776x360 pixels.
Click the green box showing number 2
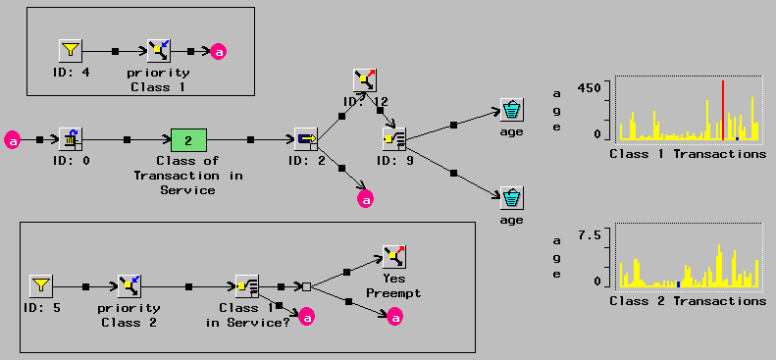[x=188, y=140]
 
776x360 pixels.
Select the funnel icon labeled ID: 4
[x=69, y=50]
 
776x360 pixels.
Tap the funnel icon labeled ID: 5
[x=41, y=285]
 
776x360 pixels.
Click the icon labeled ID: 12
[x=365, y=80]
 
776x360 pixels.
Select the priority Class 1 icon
[x=158, y=50]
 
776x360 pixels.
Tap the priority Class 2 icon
[x=129, y=285]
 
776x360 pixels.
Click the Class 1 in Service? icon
[x=247, y=285]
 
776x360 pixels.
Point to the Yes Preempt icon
[x=393, y=257]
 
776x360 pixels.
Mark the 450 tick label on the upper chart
[x=591, y=87]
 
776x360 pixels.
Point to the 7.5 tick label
[x=592, y=234]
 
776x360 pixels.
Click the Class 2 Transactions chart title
[x=687, y=300]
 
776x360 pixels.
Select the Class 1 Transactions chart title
[x=687, y=154]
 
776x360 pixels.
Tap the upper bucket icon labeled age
[x=511, y=109]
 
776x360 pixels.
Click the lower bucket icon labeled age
[x=511, y=197]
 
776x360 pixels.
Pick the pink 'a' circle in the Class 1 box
[x=219, y=51]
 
